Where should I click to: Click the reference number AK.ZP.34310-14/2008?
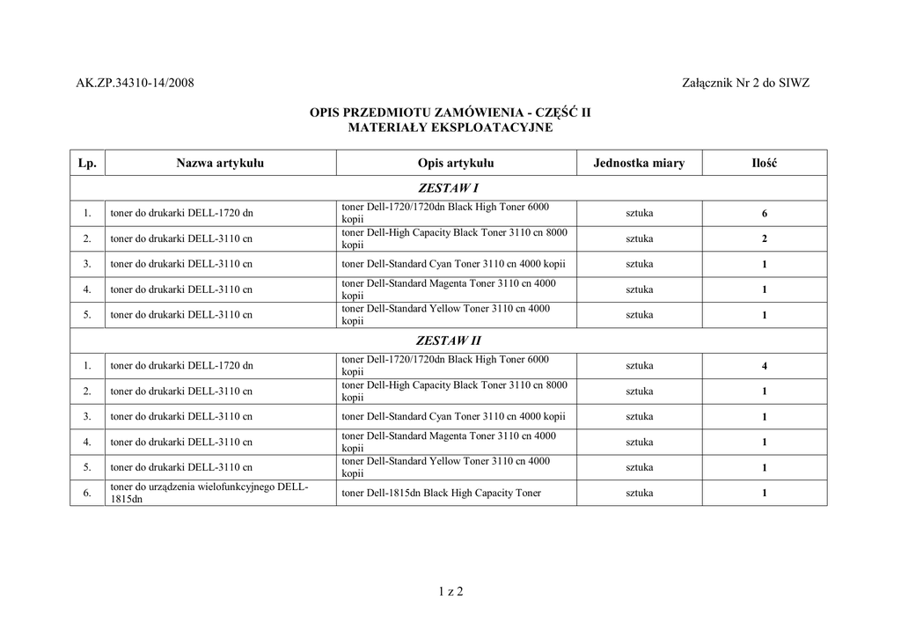[x=135, y=84]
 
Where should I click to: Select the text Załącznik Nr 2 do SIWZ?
[x=745, y=84]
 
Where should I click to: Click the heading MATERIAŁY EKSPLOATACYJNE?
[x=450, y=128]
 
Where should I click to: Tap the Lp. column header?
[x=87, y=163]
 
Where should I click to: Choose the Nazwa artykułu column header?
[x=220, y=163]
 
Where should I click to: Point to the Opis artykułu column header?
[x=456, y=163]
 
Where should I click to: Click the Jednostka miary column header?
[x=639, y=163]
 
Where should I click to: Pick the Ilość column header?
[x=764, y=163]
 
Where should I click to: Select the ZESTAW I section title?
[x=449, y=188]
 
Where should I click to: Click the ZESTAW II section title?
[x=449, y=340]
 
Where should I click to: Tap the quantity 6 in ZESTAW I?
[x=765, y=214]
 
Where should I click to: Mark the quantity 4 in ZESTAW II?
[x=765, y=366]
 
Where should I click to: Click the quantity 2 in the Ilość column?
[x=765, y=239]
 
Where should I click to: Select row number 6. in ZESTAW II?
[x=87, y=494]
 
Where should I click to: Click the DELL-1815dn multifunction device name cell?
[x=209, y=493]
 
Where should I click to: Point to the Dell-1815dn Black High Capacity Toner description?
[x=441, y=494]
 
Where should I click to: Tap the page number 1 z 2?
[x=450, y=591]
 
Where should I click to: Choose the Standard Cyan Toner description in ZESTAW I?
[x=453, y=264]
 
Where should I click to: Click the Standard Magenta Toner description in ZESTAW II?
[x=449, y=442]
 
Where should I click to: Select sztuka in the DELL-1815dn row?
[x=640, y=494]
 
